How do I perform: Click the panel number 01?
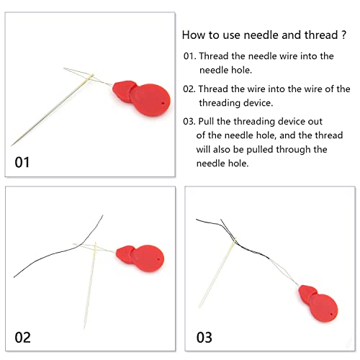click(23, 162)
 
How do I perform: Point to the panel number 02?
click(23, 337)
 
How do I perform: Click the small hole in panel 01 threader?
click(164, 104)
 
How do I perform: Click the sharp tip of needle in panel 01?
click(12, 145)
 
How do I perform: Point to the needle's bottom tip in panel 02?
click(84, 328)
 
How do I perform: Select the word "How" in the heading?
click(193, 34)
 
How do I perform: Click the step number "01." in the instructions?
click(189, 55)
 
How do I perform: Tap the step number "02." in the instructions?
click(189, 89)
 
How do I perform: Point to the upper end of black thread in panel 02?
click(103, 215)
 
